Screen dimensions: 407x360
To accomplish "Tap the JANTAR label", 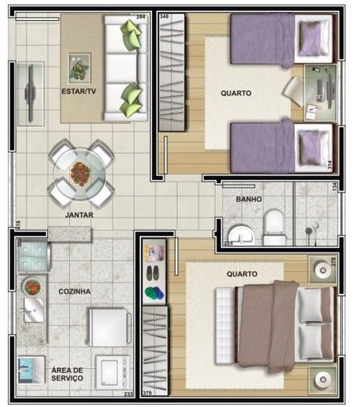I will pyautogui.click(x=79, y=214).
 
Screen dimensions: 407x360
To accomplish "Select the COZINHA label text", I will pyautogui.click(x=74, y=291).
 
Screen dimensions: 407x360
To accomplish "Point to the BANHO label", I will pyautogui.click(x=249, y=200).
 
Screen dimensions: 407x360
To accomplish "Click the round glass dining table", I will pyautogui.click(x=81, y=172).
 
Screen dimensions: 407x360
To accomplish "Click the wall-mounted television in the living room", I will pyautogui.click(x=29, y=92).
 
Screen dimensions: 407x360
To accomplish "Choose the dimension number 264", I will pyautogui.click(x=140, y=16).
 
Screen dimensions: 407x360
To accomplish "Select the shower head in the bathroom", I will pyautogui.click(x=312, y=230).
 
